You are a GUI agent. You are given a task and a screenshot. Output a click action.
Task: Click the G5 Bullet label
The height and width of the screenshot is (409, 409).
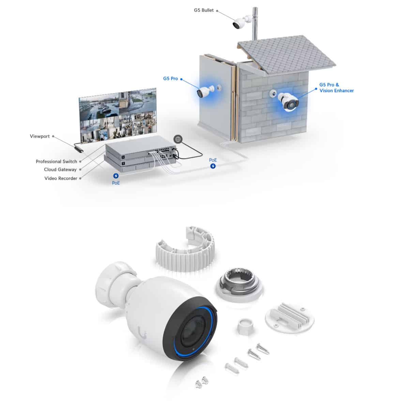coord(203,10)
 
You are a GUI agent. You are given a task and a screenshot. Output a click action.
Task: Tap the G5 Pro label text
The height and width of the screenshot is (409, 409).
coord(170,78)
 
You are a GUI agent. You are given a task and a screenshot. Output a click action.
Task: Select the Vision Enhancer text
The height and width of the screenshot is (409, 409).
coord(336,91)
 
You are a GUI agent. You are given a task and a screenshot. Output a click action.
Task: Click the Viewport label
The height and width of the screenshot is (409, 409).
coord(40,136)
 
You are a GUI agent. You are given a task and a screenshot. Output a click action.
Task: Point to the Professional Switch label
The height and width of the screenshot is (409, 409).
coord(56,162)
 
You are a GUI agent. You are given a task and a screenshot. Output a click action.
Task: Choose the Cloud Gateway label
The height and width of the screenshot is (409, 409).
coord(60,170)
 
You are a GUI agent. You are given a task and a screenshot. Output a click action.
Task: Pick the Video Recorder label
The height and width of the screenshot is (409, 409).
coord(61,178)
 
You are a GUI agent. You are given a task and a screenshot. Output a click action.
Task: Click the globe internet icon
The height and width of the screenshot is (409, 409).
coord(178,139)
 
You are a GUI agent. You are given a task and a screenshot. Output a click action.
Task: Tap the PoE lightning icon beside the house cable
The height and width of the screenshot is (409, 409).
coord(213,166)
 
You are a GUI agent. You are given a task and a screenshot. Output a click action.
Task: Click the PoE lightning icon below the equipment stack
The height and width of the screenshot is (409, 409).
coord(116,176)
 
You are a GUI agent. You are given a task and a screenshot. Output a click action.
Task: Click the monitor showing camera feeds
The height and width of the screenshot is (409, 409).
coord(118,116)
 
